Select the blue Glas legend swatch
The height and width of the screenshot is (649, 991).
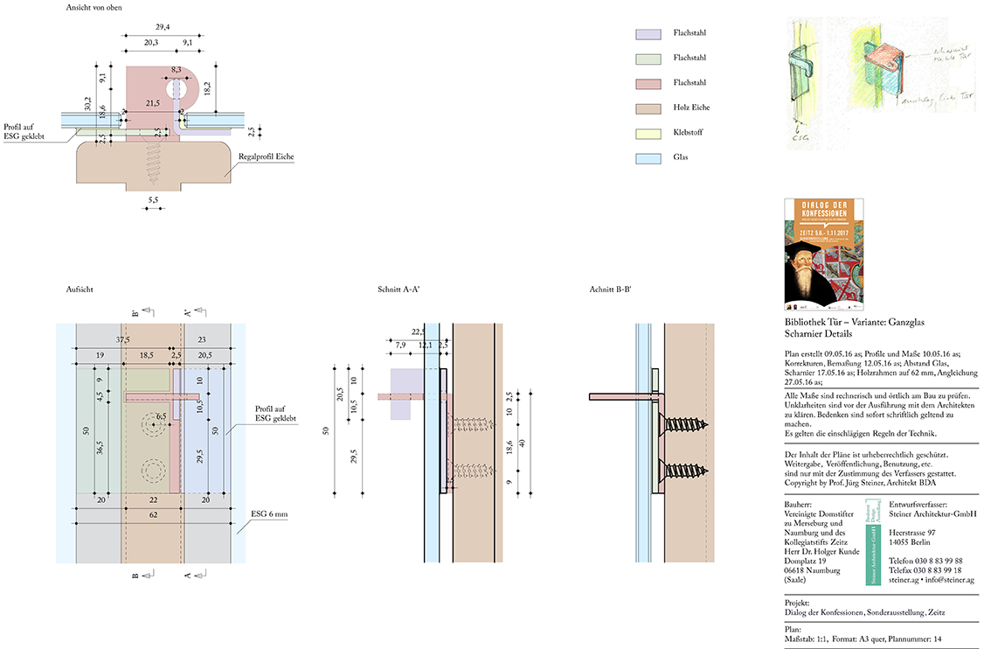648,157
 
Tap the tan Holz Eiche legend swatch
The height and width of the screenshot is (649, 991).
648,108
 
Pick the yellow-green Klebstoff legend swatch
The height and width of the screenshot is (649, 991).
648,133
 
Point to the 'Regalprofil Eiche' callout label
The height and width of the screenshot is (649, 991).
266,157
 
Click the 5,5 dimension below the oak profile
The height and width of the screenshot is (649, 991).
154,201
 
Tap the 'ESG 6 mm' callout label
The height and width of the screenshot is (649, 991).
268,514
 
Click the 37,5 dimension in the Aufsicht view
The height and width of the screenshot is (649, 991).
123,339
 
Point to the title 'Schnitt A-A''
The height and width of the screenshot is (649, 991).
398,289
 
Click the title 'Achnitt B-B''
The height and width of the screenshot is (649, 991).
610,289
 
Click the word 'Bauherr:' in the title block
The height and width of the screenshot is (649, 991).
799,505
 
